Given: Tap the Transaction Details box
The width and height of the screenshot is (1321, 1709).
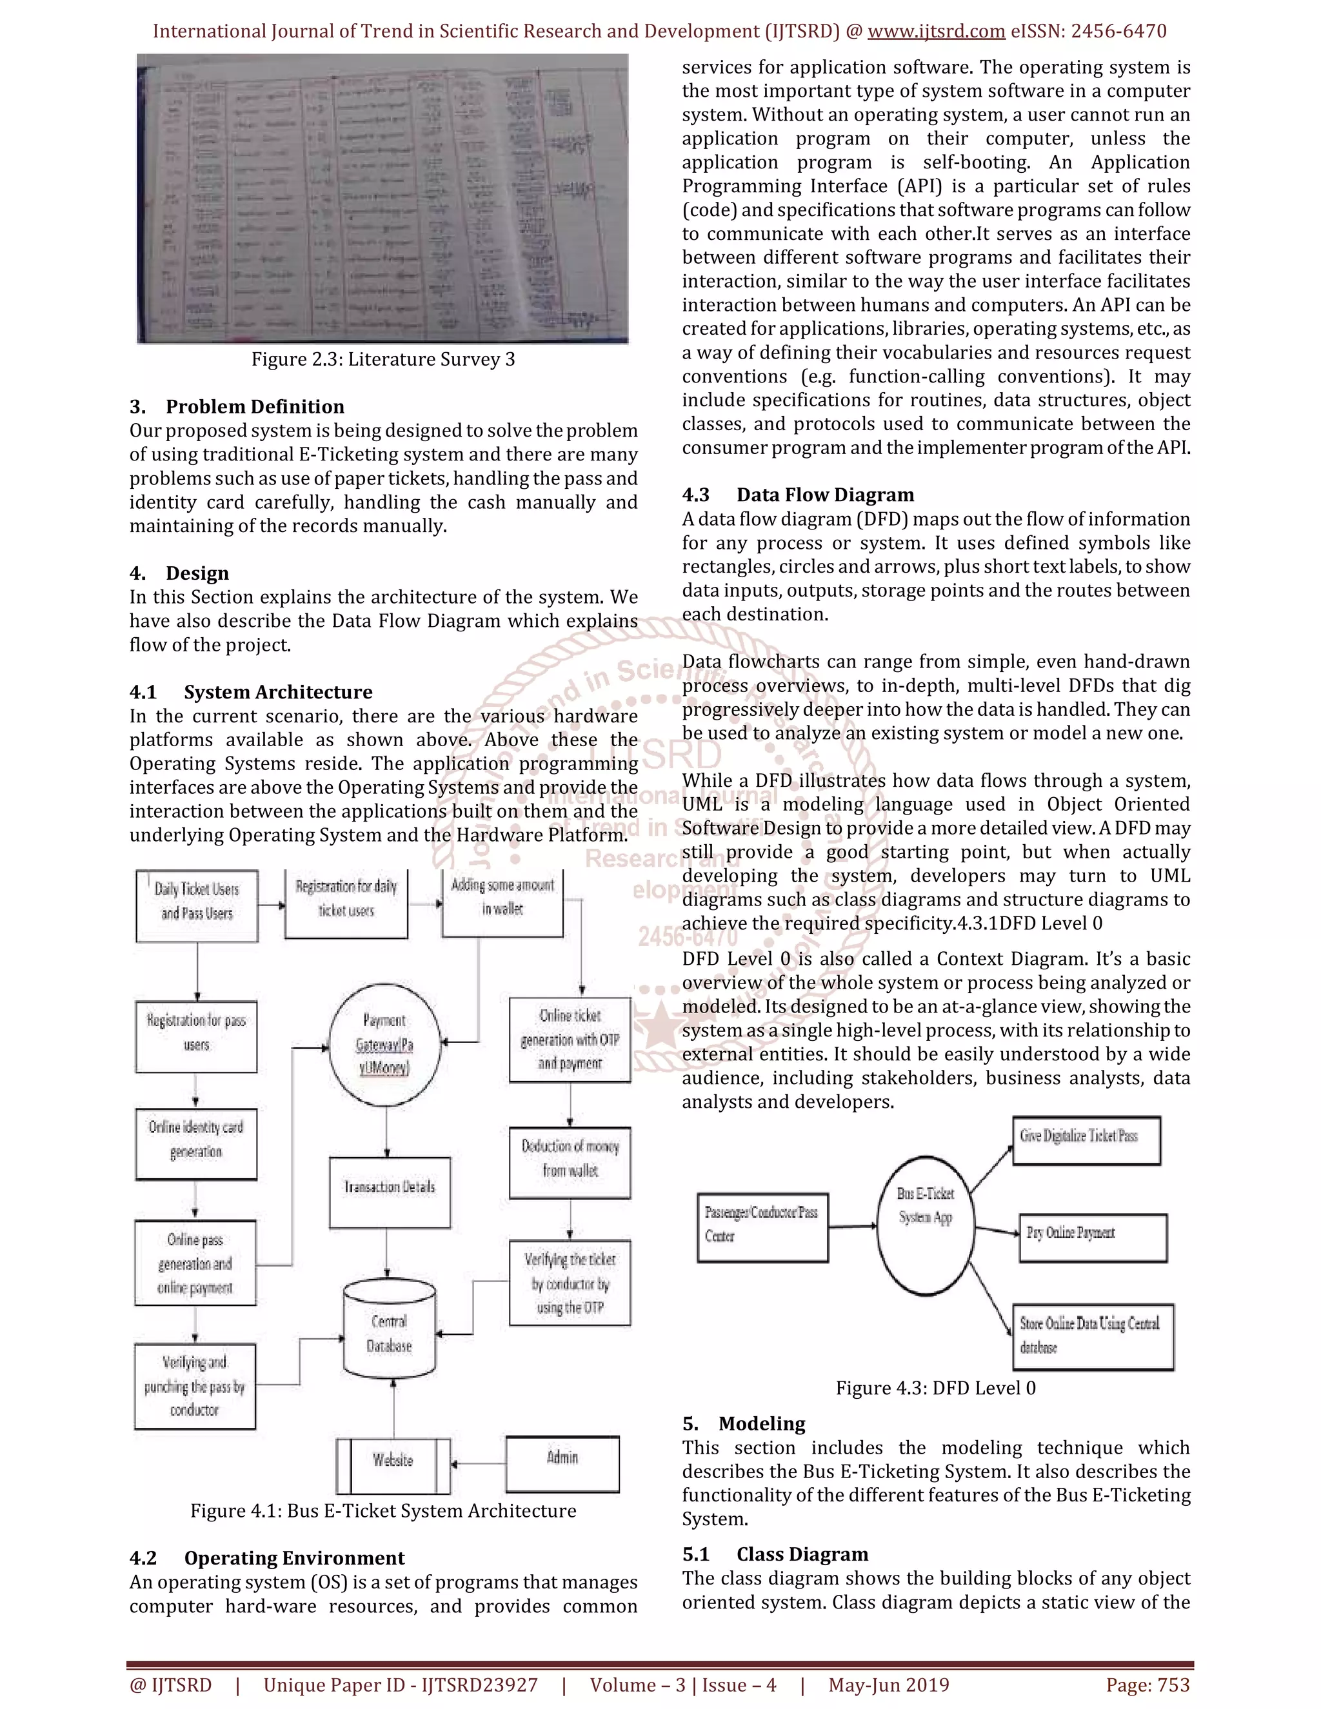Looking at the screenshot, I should [390, 1192].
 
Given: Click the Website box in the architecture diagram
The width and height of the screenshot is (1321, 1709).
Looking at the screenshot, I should [393, 1466].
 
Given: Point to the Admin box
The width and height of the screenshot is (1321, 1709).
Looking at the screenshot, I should [562, 1463].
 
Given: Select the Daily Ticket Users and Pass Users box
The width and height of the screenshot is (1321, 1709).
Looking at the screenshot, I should [197, 905].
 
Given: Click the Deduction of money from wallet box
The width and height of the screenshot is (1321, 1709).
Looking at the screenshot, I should [570, 1163].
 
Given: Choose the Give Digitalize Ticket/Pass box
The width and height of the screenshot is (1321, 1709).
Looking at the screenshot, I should [1086, 1141].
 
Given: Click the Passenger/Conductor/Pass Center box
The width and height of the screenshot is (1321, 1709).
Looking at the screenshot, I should [762, 1227].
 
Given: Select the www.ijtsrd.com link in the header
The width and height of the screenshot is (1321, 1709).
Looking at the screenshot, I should [936, 32].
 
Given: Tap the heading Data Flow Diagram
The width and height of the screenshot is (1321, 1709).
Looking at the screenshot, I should [825, 495].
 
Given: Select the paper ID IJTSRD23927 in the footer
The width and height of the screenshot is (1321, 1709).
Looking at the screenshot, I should [479, 1684].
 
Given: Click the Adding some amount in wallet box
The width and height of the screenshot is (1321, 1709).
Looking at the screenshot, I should [502, 902].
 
